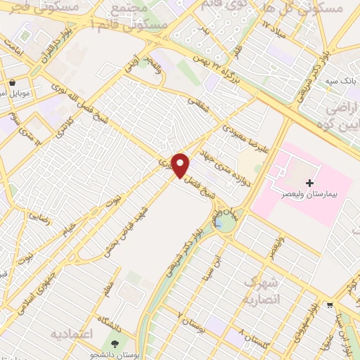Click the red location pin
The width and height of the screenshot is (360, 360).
181,165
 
